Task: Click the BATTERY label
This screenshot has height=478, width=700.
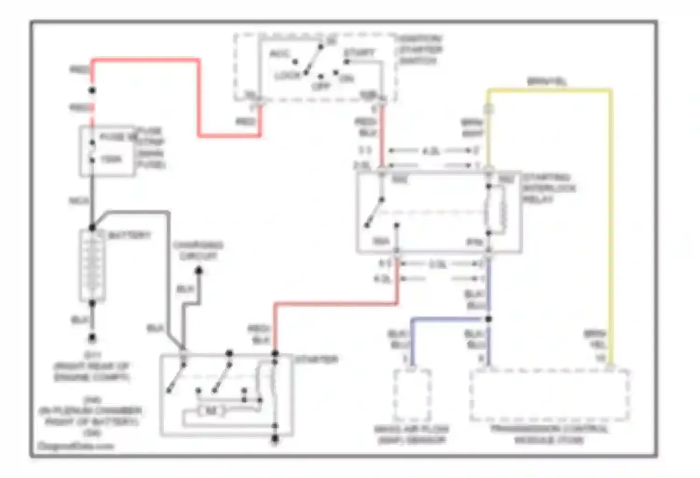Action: (x=129, y=235)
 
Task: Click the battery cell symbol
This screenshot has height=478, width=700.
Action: (x=92, y=266)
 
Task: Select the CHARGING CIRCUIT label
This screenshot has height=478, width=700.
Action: (x=198, y=250)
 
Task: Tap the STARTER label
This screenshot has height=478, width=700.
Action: (x=316, y=359)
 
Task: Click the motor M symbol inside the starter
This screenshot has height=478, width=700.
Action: (x=211, y=411)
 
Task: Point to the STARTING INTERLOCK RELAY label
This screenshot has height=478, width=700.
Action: (x=548, y=188)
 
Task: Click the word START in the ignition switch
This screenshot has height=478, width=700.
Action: (x=359, y=52)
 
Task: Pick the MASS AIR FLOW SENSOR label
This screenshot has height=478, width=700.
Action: (x=411, y=434)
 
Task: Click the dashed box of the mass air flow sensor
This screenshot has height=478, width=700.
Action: (x=412, y=394)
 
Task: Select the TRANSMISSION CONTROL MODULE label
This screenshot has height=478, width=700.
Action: (x=549, y=434)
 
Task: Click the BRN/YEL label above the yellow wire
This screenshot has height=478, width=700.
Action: (x=546, y=81)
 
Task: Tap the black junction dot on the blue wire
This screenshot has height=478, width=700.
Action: (x=488, y=319)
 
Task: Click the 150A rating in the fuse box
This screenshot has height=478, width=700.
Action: (x=111, y=159)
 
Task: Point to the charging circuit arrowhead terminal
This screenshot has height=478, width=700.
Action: (x=198, y=270)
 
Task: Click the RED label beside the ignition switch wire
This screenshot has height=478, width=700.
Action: (x=245, y=122)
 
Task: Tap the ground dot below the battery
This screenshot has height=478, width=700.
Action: (x=92, y=337)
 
